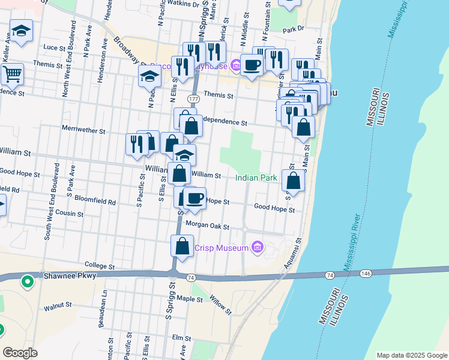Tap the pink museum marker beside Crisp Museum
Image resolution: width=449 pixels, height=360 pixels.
pos(258,247)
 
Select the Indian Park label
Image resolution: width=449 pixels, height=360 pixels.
pos(256,178)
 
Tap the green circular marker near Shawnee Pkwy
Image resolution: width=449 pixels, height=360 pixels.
pos(27,280)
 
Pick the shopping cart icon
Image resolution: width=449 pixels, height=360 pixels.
pos(11,74)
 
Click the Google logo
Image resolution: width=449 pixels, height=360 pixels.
pos(20,353)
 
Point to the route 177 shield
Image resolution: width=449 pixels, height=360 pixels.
pos(193,98)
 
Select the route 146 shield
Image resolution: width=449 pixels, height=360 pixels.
pos(365,273)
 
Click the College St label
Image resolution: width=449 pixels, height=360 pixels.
pos(100,265)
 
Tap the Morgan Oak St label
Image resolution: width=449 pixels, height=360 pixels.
pos(208,226)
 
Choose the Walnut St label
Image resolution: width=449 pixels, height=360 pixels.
pos(58,308)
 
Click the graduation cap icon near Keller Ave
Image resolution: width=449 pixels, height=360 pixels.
pos(22,31)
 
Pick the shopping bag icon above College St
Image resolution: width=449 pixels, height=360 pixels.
pos(182,246)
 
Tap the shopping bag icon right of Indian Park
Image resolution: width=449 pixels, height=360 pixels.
pos(293,181)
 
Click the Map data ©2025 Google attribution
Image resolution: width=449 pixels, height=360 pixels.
pos(412,355)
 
